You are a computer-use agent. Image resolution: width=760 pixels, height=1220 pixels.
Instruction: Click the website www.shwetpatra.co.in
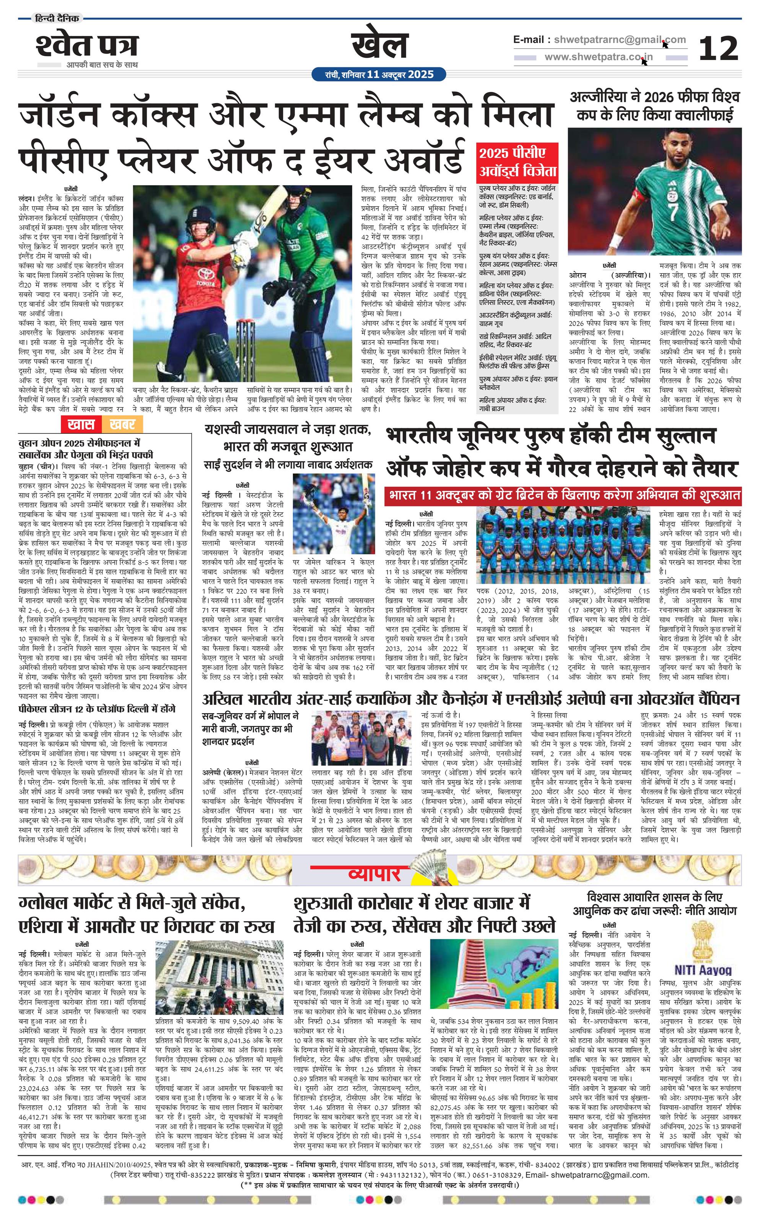coord(598,57)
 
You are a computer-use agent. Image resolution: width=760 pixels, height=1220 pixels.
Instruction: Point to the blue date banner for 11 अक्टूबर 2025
coord(379,74)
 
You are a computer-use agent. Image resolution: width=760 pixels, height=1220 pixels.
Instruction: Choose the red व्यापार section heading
coord(374,874)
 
